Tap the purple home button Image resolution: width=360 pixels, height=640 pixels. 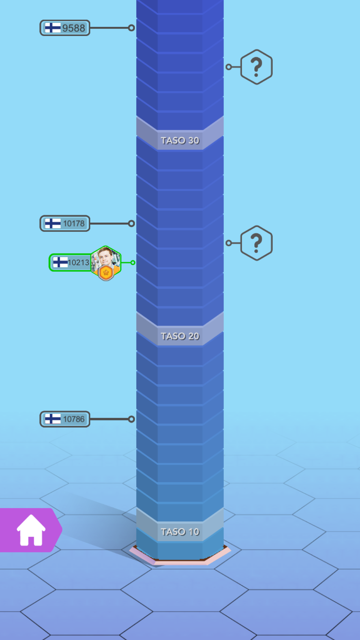pyautogui.click(x=30, y=530)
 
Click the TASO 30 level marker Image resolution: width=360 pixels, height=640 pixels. pyautogui.click(x=180, y=141)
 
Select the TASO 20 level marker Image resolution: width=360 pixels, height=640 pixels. pyautogui.click(x=180, y=336)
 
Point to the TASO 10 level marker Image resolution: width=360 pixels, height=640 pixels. pyautogui.click(x=180, y=532)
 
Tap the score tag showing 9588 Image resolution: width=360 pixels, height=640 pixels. pyautogui.click(x=65, y=28)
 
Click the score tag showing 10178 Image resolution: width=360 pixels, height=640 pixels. pyautogui.click(x=65, y=223)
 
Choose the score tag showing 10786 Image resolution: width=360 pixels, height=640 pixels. pyautogui.click(x=65, y=419)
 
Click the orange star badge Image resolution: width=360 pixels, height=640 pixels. pyautogui.click(x=106, y=273)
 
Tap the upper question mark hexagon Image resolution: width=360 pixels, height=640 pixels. pyautogui.click(x=256, y=67)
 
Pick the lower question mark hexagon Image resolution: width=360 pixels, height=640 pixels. pyautogui.click(x=256, y=243)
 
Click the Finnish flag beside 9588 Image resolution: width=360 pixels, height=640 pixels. pyautogui.click(x=53, y=28)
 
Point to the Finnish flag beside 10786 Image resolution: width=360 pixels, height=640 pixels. pyautogui.click(x=53, y=419)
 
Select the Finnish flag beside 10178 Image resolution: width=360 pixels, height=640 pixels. pyautogui.click(x=53, y=223)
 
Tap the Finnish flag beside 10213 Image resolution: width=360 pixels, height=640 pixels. pyautogui.click(x=60, y=263)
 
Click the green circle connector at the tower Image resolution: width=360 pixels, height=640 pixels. pyautogui.click(x=133, y=263)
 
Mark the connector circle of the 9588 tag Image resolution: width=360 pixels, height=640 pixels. pyautogui.click(x=131, y=28)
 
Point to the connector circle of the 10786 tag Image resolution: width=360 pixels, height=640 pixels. pyautogui.click(x=131, y=419)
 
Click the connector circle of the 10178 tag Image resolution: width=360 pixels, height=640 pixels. pyautogui.click(x=131, y=223)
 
